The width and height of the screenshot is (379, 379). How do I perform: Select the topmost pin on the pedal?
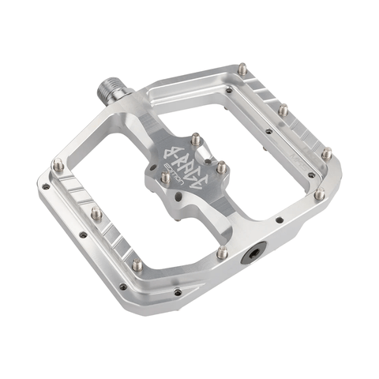(242, 70)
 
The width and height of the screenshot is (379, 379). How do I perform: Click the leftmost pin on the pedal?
(58, 164)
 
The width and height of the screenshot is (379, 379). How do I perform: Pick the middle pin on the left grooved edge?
(96, 212)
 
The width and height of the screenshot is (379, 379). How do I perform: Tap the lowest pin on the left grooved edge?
(137, 265)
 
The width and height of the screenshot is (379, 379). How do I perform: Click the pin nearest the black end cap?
(223, 253)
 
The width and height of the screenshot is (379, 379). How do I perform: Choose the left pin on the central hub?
(165, 178)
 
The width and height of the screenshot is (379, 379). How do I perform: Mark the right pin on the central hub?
(222, 167)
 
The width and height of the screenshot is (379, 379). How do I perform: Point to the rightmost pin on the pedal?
(325, 153)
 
